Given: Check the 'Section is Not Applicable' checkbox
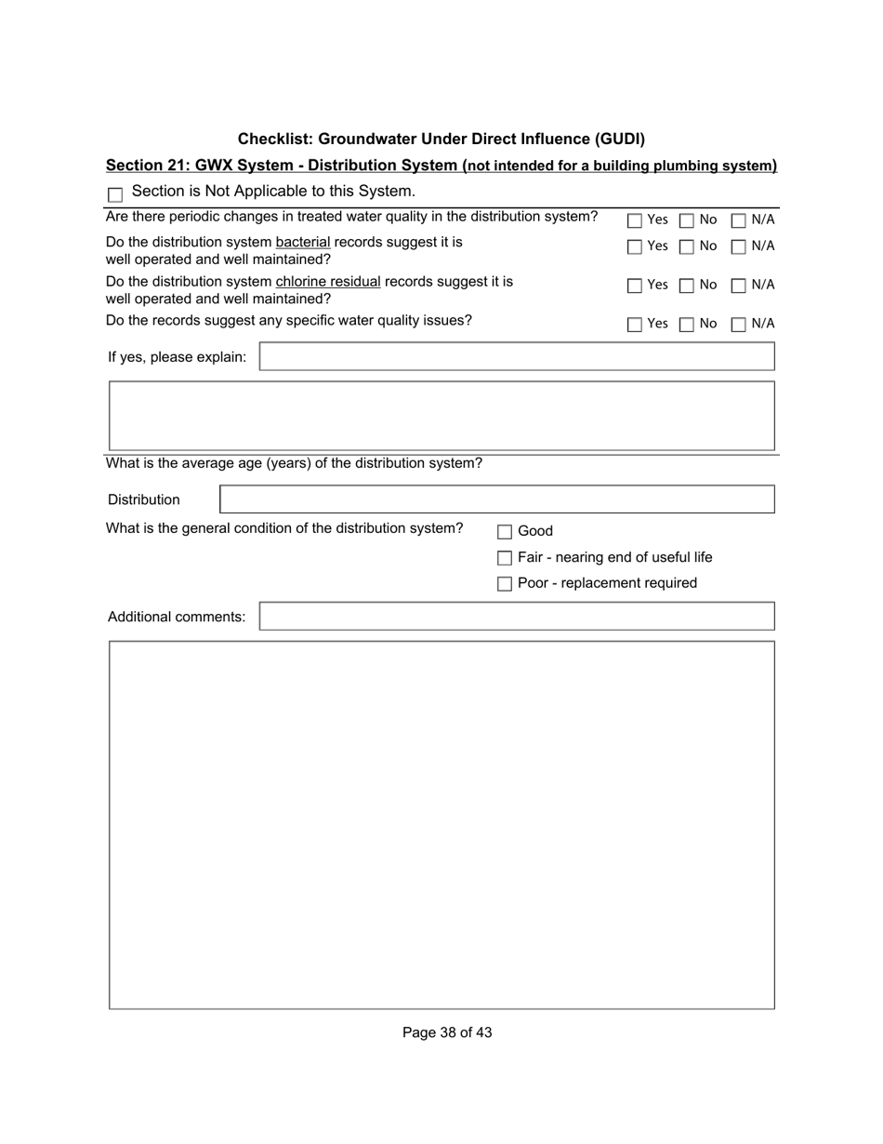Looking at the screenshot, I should point(115,194).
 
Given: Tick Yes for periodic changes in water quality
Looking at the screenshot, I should point(635,220).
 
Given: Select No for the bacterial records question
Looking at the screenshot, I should point(687,247).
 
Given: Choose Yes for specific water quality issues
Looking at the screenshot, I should point(635,325).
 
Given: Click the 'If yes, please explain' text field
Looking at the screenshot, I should point(516,356).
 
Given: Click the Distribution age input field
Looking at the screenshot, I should point(496,499).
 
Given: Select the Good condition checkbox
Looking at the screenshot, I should point(505,532).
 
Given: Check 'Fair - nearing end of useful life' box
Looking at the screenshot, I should point(505,558).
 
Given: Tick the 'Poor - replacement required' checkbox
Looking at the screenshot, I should point(505,584).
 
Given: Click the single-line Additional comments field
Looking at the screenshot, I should point(516,617).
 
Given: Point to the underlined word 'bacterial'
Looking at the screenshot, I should point(303,242).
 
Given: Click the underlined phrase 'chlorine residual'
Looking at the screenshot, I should point(328,281).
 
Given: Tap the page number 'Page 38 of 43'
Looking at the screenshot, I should point(447,1032).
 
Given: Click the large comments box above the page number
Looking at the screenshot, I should point(441,825).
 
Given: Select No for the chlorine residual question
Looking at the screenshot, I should point(687,286).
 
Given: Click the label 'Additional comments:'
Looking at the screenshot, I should point(177,617).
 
